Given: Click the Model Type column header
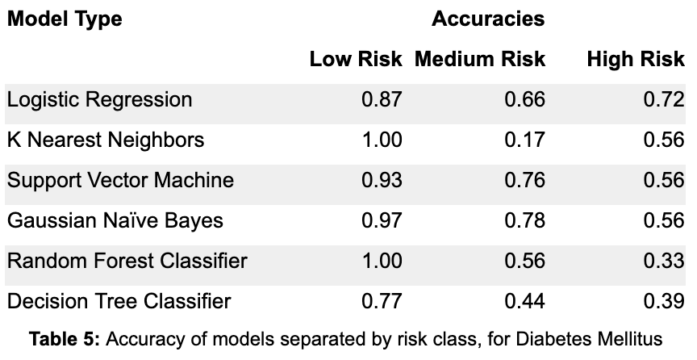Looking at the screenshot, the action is (x=65, y=19).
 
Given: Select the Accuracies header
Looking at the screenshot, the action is (x=488, y=19).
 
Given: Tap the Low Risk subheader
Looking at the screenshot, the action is (x=356, y=59).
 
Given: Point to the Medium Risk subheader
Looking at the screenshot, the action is (x=480, y=59).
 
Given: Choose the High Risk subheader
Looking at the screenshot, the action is (x=636, y=59).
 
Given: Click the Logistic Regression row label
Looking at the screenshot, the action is (x=99, y=99).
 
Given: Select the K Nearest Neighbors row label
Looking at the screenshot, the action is (x=106, y=140).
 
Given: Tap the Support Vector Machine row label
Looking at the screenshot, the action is (x=120, y=180).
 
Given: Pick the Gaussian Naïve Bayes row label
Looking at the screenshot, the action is (x=115, y=220).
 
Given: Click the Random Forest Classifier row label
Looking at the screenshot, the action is (x=127, y=261).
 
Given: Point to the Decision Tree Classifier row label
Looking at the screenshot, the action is (x=119, y=301).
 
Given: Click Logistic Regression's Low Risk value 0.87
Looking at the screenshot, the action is (x=382, y=99).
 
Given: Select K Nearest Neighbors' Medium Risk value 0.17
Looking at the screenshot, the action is (x=524, y=140).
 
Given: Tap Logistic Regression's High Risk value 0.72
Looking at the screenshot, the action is (x=664, y=99).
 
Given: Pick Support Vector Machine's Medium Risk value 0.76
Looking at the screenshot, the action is (x=524, y=180).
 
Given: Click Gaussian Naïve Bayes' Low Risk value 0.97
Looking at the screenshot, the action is (x=382, y=220).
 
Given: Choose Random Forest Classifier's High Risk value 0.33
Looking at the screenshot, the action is (x=664, y=261).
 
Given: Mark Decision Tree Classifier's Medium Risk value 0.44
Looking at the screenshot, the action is (x=524, y=301).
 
